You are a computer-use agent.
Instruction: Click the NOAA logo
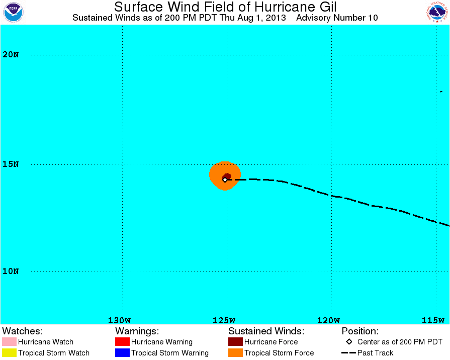[13, 12]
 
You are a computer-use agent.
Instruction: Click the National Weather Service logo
[437, 12]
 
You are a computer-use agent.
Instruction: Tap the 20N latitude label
[11, 54]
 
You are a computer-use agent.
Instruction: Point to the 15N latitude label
[11, 164]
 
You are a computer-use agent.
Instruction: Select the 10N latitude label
[11, 272]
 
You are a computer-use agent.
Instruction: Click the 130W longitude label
[119, 320]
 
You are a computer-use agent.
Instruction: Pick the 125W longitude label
[224, 320]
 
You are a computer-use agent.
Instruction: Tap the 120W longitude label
[329, 320]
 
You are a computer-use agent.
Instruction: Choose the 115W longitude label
[433, 320]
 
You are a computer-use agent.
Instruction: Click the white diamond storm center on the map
[225, 179]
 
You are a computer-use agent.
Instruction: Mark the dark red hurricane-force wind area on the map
[228, 176]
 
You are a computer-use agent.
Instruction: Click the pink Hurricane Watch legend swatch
[9, 341]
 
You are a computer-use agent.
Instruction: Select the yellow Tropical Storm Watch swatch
[9, 353]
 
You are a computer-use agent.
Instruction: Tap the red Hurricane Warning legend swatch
[122, 341]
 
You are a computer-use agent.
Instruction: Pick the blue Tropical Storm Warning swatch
[122, 353]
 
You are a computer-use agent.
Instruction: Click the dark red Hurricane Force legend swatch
[235, 341]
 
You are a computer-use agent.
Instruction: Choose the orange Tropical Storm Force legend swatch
[235, 353]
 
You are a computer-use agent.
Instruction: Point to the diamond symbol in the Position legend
[349, 341]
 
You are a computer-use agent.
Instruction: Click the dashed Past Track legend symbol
[348, 353]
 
